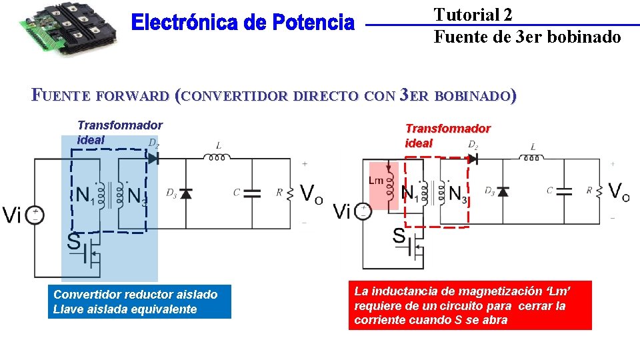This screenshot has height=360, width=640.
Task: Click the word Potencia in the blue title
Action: pyautogui.click(x=313, y=23)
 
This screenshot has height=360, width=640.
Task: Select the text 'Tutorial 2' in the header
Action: pyautogui.click(x=473, y=15)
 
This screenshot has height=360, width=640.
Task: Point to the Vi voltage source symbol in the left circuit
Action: pyautogui.click(x=35, y=215)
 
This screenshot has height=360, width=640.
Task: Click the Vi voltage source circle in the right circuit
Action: pyautogui.click(x=363, y=212)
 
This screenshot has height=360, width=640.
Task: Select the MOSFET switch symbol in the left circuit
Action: pyautogui.click(x=89, y=252)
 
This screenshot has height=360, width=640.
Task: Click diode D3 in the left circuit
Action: pyautogui.click(x=185, y=193)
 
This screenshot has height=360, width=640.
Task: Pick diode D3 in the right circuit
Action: pyautogui.click(x=502, y=192)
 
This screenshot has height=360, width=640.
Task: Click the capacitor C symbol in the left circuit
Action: pyautogui.click(x=252, y=193)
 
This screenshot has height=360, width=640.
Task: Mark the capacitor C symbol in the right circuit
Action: pyautogui.click(x=565, y=191)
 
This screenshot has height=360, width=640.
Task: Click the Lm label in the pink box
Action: pyautogui.click(x=375, y=181)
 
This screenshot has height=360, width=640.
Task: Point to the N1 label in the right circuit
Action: pyautogui.click(x=411, y=193)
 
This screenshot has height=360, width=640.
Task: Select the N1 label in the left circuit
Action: pyautogui.click(x=84, y=195)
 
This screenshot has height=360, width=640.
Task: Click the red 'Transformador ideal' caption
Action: pyautogui.click(x=447, y=135)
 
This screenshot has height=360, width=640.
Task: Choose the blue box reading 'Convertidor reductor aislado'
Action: pyautogui.click(x=141, y=302)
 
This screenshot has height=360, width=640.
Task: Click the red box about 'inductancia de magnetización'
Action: pyautogui.click(x=469, y=305)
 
